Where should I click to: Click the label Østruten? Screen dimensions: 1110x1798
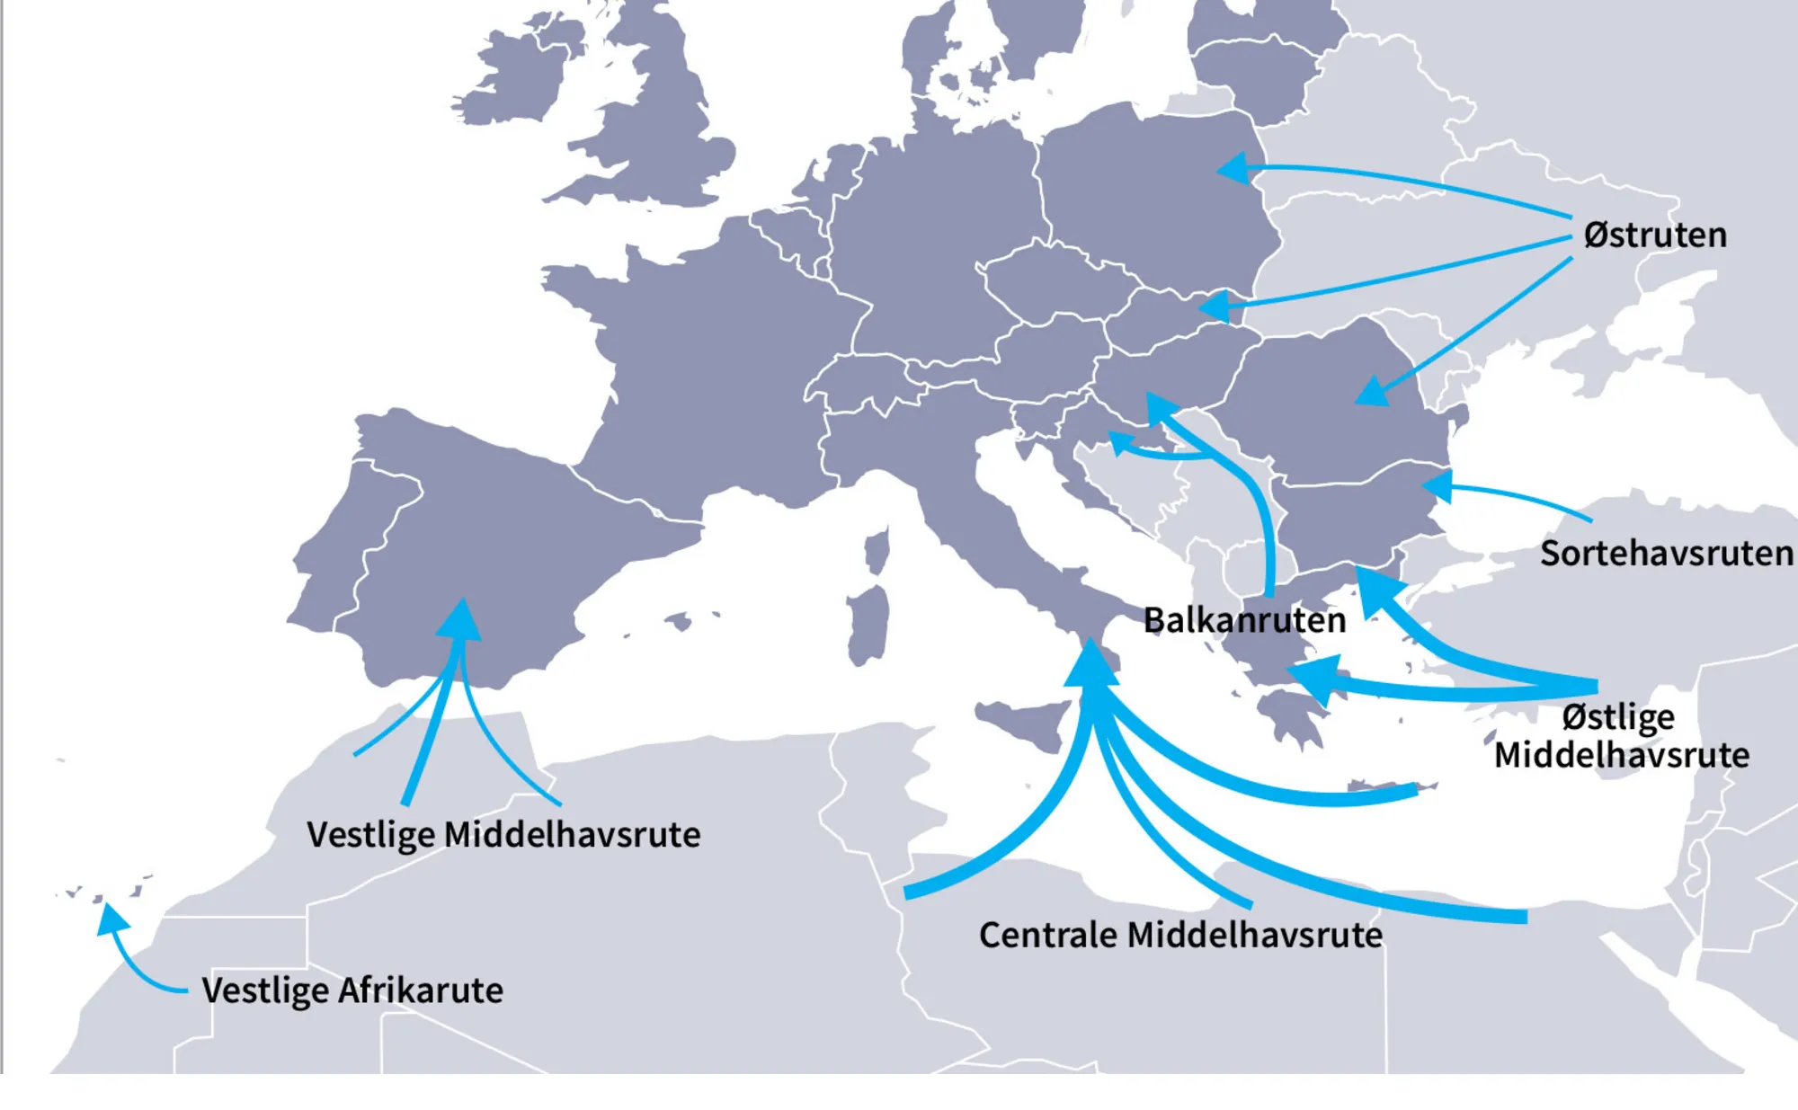1654,235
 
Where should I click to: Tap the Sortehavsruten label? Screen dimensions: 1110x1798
1666,554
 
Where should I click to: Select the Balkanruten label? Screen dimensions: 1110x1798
1244,620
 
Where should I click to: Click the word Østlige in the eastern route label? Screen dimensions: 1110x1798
1618,717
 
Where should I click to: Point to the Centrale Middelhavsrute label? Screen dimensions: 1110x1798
1180,935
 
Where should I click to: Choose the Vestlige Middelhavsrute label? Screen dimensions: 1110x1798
503,834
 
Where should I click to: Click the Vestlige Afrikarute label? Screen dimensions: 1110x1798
352,990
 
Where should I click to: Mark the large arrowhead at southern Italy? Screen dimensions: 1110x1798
1091,665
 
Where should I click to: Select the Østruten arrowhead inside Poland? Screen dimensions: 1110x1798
1233,168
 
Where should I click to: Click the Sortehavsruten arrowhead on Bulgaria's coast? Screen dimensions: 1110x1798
1437,486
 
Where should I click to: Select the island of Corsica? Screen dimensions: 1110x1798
877,550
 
